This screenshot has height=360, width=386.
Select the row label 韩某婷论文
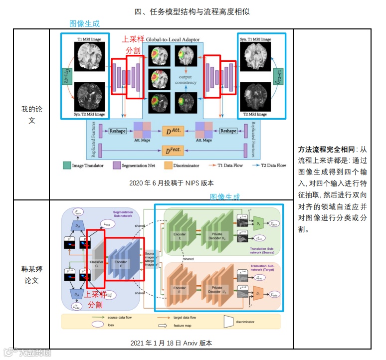(x=31, y=275)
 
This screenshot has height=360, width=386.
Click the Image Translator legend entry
(x=85, y=165)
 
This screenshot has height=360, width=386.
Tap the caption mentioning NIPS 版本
(x=171, y=182)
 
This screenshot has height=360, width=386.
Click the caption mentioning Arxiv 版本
(x=171, y=343)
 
